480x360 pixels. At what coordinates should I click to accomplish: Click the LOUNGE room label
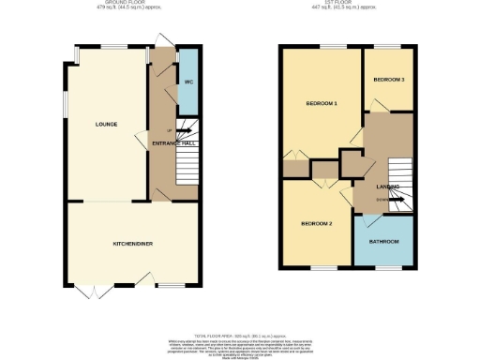tap(105, 124)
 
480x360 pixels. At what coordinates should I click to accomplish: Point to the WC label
tap(188, 82)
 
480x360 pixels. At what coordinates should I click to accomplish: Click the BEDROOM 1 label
tap(321, 103)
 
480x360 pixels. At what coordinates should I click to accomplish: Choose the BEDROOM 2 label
tap(317, 224)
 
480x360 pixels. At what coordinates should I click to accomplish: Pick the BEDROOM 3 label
tap(388, 80)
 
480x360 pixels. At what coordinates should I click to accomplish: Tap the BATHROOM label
tap(384, 242)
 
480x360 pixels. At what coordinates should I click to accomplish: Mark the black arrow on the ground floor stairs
tap(181, 130)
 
